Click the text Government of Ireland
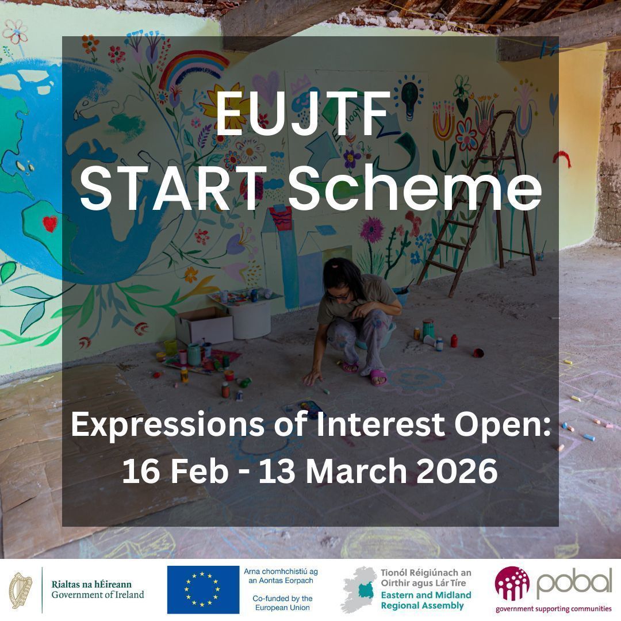click(98, 595)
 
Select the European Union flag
click(203, 589)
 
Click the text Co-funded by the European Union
click(282, 603)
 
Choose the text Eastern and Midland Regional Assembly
click(425, 600)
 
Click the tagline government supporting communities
click(553, 609)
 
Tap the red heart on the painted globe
click(51, 223)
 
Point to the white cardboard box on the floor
click(204, 325)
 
